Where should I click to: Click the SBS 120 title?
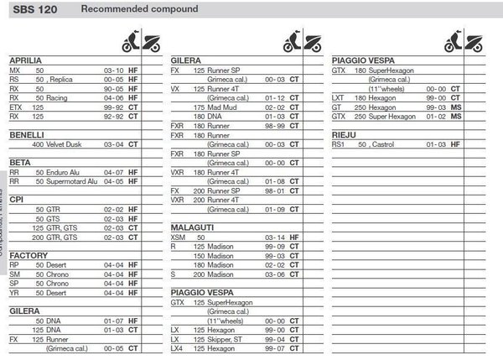[31, 9]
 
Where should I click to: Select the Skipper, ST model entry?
[226, 339]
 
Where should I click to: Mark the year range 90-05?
[113, 88]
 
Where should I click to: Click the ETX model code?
[15, 107]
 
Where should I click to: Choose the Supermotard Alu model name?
[73, 180]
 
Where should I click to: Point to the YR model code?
[13, 292]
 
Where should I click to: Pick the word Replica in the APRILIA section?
[62, 79]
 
